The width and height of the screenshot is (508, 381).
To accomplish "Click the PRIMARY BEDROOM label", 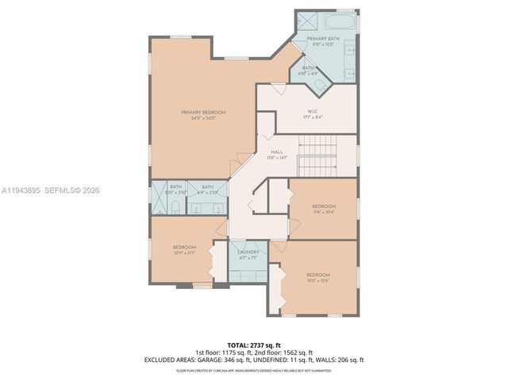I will coord(203,113).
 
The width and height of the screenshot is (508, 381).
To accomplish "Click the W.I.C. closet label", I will coord(313,111).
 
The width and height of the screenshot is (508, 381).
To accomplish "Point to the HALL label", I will coord(277,152).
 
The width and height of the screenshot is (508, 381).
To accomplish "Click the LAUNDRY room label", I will coord(248,252).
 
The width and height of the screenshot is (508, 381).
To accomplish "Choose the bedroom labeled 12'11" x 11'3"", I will coord(184,249).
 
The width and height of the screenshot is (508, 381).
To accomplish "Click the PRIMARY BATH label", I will coord(323,39).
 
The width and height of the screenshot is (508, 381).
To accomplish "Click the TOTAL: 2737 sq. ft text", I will coord(254,344).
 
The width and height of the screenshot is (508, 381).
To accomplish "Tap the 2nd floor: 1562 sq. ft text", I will coord(282,352).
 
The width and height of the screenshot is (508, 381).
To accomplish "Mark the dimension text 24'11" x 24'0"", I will coord(203,117).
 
